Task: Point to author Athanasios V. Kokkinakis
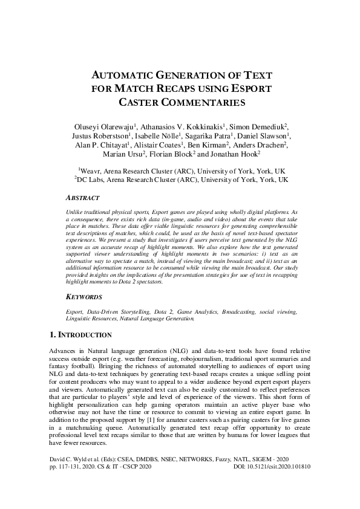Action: point(182,126)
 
